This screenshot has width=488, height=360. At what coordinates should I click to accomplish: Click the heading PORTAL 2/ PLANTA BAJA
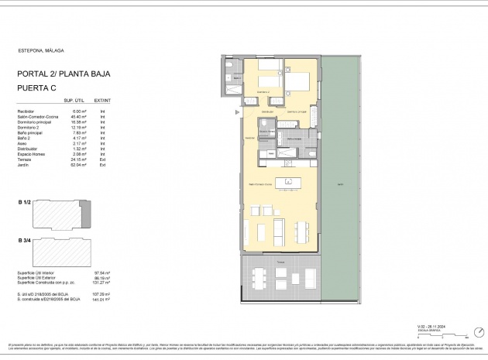pos(64,74)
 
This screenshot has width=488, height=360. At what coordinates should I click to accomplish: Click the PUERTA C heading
pos(40,89)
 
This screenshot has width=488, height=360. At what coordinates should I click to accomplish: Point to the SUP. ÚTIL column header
pos(74,101)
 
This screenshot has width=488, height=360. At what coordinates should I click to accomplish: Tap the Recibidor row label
pos(27,111)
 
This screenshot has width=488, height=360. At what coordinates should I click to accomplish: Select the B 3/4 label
pos(24,241)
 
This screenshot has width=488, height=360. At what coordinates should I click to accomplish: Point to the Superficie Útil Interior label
pos(39,273)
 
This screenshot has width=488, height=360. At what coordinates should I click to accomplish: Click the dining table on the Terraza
pos(263,276)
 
